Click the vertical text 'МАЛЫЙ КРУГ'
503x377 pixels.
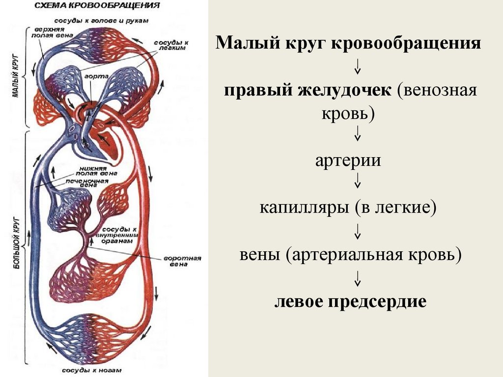tap(15, 79)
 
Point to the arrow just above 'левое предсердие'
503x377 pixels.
tap(358, 278)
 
